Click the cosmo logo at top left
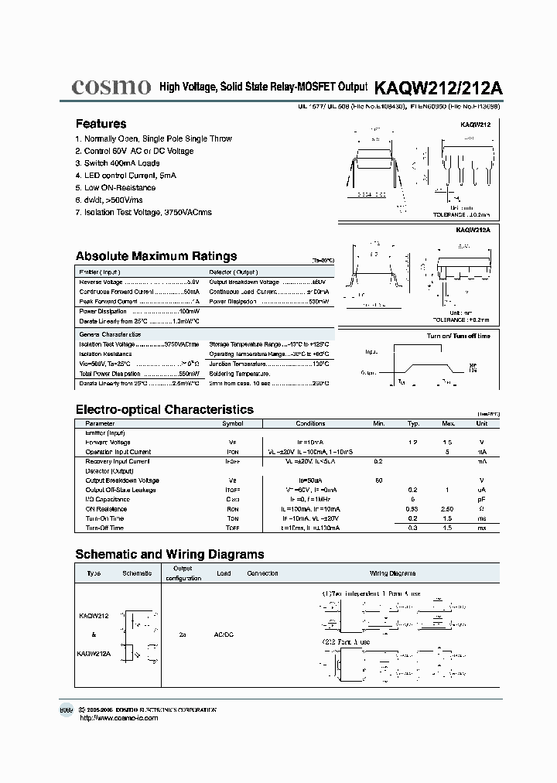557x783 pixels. click(x=111, y=87)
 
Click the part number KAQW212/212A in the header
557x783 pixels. click(x=438, y=87)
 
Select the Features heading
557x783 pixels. click(x=101, y=124)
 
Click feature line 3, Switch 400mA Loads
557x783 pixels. click(x=117, y=163)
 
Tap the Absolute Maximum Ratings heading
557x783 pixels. click(x=156, y=256)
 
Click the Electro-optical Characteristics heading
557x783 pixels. click(x=164, y=409)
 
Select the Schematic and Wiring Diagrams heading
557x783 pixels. click(x=169, y=554)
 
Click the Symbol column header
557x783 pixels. click(x=233, y=424)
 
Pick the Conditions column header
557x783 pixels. click(x=310, y=424)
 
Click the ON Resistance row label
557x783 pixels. click(x=107, y=509)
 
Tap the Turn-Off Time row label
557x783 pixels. click(x=104, y=528)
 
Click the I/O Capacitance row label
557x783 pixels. click(x=108, y=499)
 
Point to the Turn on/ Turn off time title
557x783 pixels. click(x=459, y=337)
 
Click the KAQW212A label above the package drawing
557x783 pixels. click(x=473, y=230)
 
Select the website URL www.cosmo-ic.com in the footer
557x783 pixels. click(x=119, y=718)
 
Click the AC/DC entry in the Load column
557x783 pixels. click(x=223, y=634)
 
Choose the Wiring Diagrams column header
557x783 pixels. click(x=392, y=573)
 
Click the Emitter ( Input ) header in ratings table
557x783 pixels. click(x=100, y=272)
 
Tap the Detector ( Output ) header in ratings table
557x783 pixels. click(x=234, y=272)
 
